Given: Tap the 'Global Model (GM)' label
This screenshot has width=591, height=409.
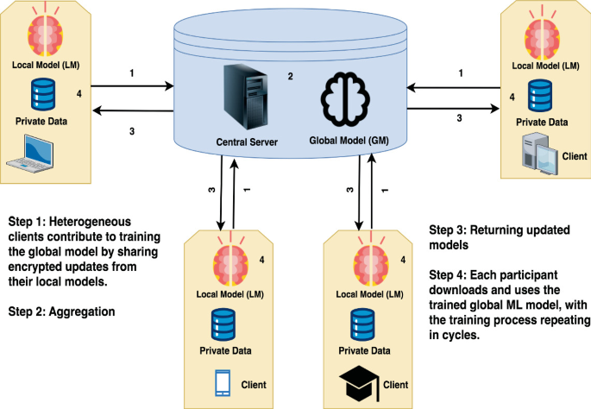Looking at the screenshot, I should pos(347,139).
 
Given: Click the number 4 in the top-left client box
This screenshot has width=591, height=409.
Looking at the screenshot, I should pos(79,93).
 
